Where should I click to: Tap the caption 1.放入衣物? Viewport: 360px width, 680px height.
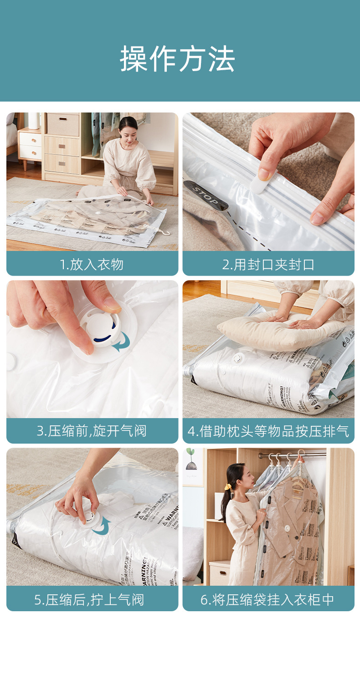(92, 264)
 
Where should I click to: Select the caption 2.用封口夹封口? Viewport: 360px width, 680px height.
(268, 264)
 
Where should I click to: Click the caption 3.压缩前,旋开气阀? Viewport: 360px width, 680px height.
(92, 431)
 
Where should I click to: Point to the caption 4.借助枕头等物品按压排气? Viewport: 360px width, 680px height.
(268, 431)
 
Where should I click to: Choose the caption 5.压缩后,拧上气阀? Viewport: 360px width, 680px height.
(89, 599)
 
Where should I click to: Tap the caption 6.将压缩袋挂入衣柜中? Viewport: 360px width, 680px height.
(268, 599)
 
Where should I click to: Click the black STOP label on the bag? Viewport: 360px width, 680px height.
(205, 195)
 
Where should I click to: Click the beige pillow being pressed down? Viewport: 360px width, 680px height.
(278, 328)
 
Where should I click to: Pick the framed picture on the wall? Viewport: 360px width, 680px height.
(193, 467)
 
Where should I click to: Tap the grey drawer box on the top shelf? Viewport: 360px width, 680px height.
(63, 124)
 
